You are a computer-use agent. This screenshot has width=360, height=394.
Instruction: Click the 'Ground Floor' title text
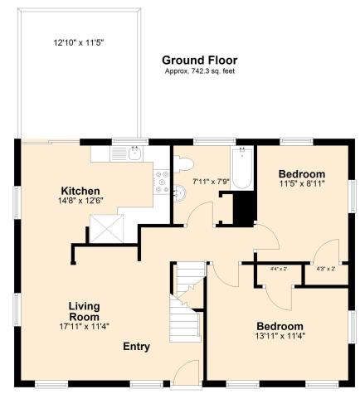199,60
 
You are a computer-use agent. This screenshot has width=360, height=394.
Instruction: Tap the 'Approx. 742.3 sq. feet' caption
199,72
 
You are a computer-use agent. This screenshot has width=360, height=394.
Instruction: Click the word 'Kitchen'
80,190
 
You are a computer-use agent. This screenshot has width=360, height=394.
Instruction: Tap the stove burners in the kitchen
161,179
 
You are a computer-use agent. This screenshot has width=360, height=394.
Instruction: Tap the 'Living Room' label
84,311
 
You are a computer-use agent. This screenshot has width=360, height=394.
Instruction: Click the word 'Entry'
137,346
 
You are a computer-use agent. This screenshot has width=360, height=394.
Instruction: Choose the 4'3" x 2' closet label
325,269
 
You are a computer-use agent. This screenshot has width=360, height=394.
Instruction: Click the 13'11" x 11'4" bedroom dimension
279,336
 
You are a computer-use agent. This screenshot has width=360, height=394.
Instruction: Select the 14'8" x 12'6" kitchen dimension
80,201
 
